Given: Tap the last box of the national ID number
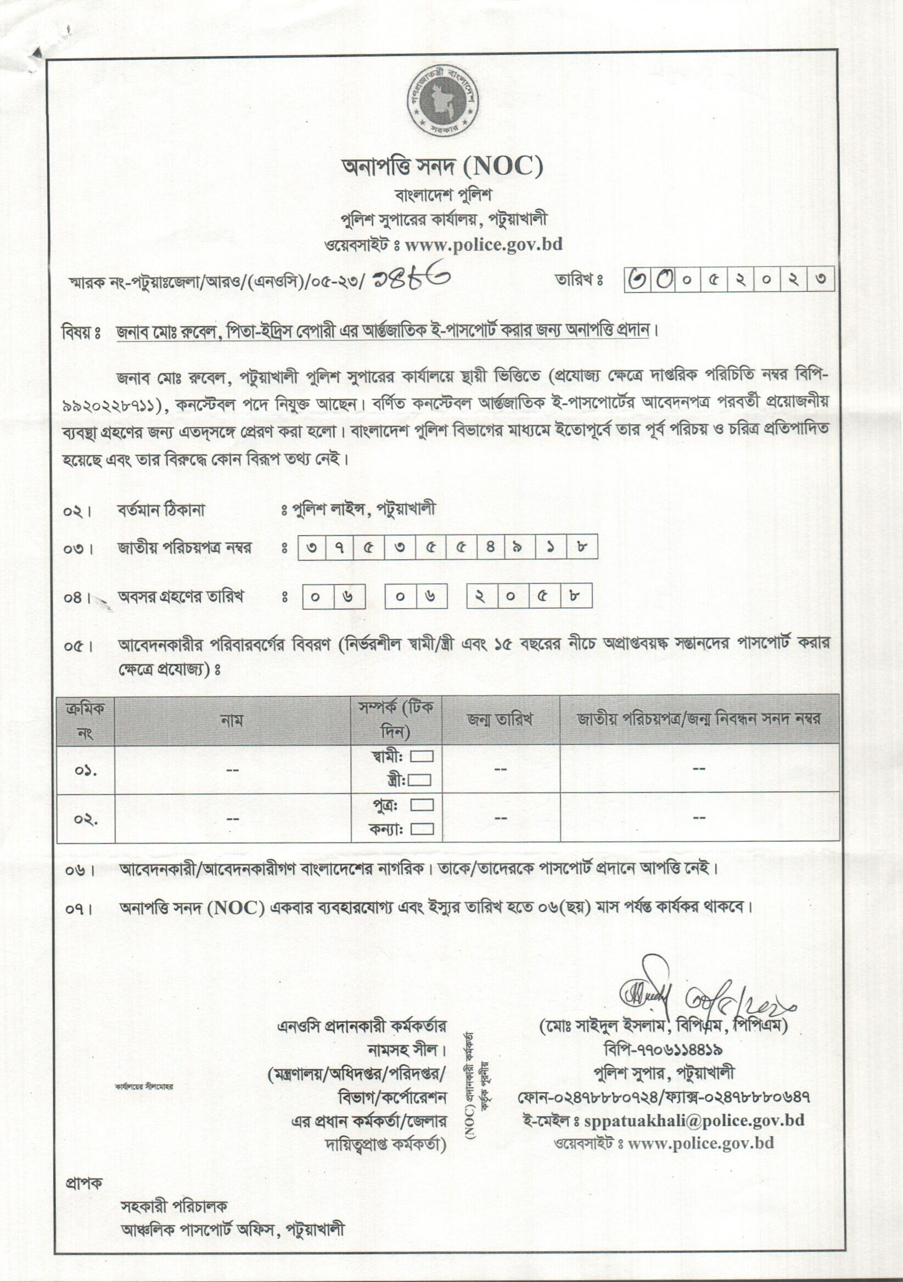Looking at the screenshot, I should (x=582, y=548).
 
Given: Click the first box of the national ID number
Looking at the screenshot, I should (x=312, y=548).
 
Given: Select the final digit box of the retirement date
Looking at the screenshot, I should (x=575, y=597).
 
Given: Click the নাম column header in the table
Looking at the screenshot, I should (x=232, y=720).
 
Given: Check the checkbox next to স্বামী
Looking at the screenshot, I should (x=422, y=757).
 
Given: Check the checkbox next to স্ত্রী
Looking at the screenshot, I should (x=419, y=780).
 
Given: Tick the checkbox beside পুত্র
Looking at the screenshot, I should (x=422, y=805).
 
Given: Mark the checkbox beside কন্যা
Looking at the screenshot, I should (x=422, y=829).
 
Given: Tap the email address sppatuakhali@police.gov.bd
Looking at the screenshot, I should (x=693, y=1120).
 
